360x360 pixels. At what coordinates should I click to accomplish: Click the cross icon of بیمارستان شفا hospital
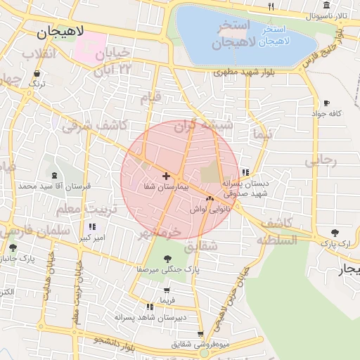(166, 175)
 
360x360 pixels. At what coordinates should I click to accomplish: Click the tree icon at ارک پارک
(333, 232)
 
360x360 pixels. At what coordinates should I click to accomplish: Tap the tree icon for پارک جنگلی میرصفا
(167, 259)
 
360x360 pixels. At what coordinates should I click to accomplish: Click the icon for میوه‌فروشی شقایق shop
(202, 334)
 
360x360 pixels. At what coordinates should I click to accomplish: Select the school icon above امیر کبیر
(91, 227)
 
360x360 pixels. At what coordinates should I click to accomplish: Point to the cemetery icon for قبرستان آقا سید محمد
(55, 174)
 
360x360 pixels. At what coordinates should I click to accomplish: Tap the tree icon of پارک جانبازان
(12, 247)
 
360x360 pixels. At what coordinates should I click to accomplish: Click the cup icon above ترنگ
(37, 72)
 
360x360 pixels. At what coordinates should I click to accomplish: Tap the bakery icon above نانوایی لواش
(210, 199)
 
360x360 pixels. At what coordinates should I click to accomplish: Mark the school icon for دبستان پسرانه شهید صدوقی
(245, 172)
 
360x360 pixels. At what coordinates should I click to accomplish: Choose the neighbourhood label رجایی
(321, 160)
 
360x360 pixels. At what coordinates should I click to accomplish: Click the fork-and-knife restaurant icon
(271, 6)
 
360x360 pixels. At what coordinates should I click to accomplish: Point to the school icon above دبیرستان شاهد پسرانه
(149, 307)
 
